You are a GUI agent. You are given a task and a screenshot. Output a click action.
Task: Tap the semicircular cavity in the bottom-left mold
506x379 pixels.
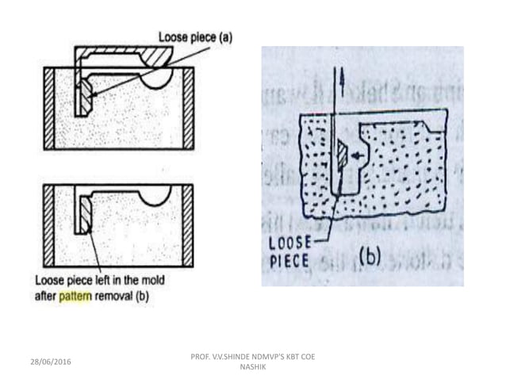[157, 193]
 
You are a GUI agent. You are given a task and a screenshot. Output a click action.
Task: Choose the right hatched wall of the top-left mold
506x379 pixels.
[188, 108]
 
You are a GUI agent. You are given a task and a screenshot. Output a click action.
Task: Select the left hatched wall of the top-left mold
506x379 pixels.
[49, 108]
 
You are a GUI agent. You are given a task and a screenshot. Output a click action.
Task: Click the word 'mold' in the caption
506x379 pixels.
[156, 283]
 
